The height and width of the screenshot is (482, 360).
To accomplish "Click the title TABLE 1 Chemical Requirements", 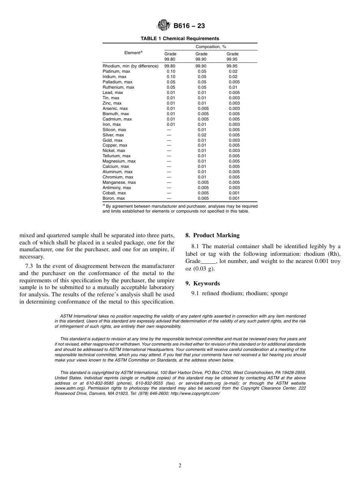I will pyautogui.click(x=180, y=39).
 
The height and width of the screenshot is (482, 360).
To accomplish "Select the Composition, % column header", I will pyautogui.click(x=211, y=47).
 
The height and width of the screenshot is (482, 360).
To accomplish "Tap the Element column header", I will pyautogui.click(x=133, y=53).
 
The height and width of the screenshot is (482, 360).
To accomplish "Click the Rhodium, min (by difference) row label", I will pyautogui.click(x=130, y=66).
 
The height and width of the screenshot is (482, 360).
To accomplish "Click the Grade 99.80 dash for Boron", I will pyautogui.click(x=169, y=198).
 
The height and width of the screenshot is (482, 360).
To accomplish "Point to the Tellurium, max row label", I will pyautogui.click(x=116, y=156).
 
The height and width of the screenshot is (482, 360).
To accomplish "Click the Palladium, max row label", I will pyautogui.click(x=117, y=82).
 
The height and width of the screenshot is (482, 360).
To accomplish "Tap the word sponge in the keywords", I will pyautogui.click(x=280, y=293).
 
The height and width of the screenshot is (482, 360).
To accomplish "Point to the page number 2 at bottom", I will pyautogui.click(x=180, y=466).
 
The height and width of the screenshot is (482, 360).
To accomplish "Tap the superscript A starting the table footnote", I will pyautogui.click(x=104, y=205).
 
